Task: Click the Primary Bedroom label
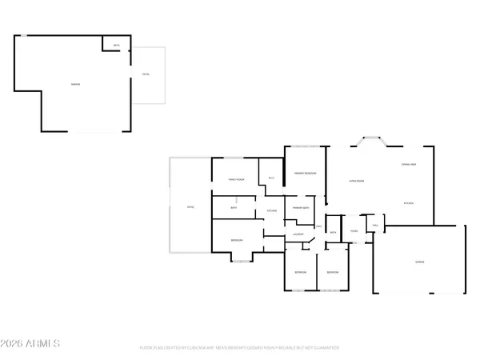point(305,173)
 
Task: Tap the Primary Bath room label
point(302,208)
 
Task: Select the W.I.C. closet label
point(271,178)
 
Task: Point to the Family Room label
point(235,179)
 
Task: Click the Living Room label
point(357,181)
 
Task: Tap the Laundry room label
point(298,234)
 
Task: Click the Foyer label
point(353,231)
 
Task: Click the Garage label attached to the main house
point(419,262)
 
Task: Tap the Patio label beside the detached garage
point(146,74)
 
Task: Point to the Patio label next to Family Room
point(190,206)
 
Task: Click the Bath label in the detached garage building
point(117,46)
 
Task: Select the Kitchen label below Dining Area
point(408,203)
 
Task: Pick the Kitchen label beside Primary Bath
point(271,210)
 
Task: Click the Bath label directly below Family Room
point(234,208)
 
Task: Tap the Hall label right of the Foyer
point(374,226)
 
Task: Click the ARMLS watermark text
point(32,343)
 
